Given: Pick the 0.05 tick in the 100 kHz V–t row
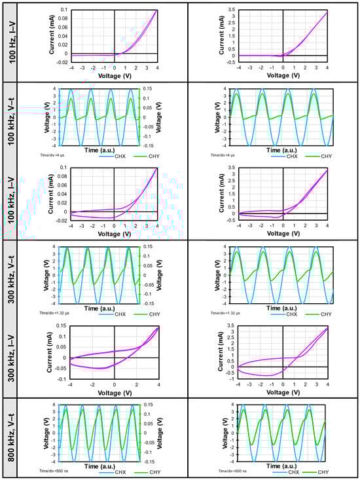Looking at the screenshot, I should pos(151,107).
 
